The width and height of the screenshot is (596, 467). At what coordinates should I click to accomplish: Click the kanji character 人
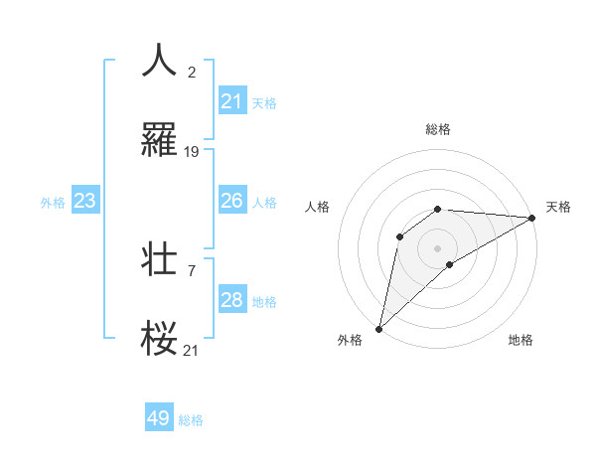click(x=159, y=61)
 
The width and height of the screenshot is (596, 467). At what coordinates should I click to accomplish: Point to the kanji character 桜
click(x=159, y=338)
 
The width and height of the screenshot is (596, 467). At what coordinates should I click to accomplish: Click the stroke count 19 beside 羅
click(x=192, y=152)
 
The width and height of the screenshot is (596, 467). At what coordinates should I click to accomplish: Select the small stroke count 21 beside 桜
click(x=192, y=350)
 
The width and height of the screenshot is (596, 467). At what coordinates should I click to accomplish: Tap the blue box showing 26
click(x=232, y=201)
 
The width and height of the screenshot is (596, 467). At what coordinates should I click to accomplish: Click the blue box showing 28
click(x=232, y=300)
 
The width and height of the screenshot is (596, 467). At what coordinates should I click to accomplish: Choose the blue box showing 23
click(x=85, y=201)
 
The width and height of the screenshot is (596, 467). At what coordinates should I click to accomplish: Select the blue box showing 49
click(x=159, y=418)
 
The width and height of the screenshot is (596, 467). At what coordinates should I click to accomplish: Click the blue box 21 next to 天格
click(x=232, y=101)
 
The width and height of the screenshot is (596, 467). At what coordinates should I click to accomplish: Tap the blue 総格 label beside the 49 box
click(x=191, y=420)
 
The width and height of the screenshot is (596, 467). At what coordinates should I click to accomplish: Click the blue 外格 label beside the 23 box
click(x=53, y=203)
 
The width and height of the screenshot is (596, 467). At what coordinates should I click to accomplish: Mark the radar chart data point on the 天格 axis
click(x=533, y=219)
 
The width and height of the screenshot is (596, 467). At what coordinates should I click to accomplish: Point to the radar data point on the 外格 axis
click(x=378, y=328)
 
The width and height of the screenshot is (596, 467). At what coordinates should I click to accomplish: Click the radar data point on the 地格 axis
click(x=450, y=264)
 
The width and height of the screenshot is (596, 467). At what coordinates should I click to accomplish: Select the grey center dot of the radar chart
click(x=437, y=247)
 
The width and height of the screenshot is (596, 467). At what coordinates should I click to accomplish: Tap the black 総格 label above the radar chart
click(x=437, y=129)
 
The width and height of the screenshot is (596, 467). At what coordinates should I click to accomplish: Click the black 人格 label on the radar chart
click(x=318, y=207)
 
